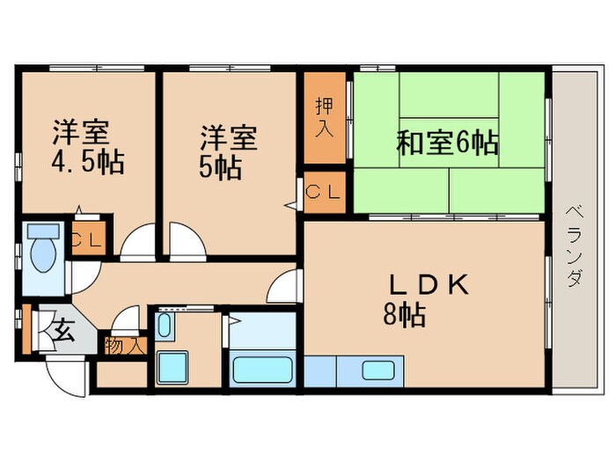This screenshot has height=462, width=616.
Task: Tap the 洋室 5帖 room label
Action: point(227,151)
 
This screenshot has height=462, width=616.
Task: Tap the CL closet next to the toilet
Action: point(87,239)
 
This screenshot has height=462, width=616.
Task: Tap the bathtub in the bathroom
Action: point(263,368)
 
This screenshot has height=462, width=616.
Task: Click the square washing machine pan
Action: point(172,367)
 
